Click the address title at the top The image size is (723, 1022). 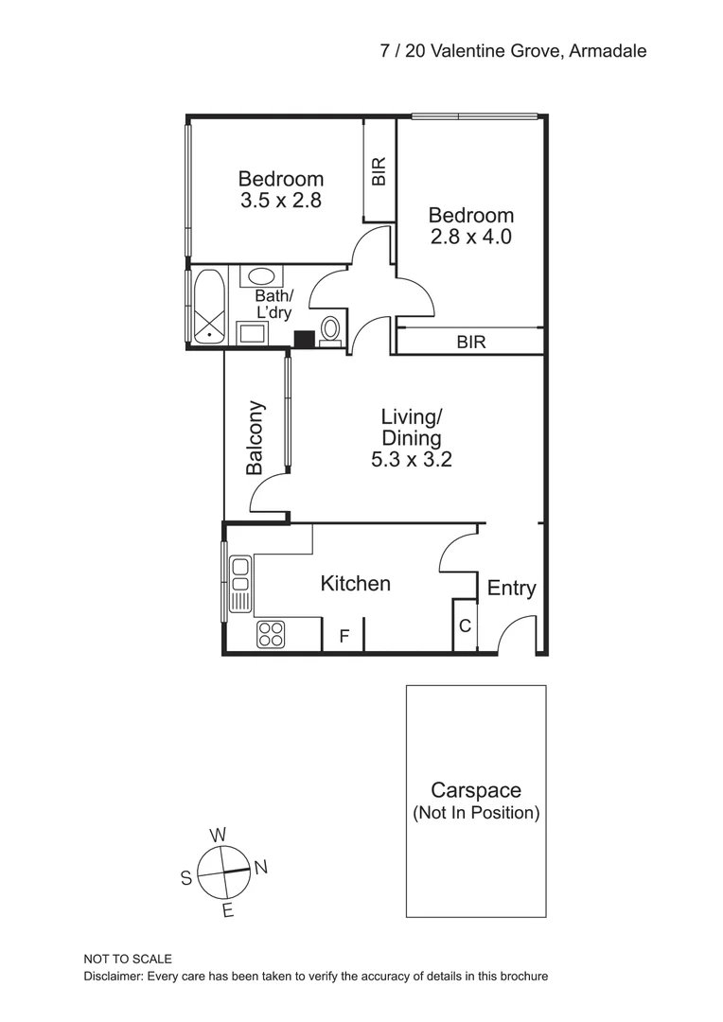(x=513, y=51)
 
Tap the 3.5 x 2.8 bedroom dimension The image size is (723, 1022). (x=281, y=201)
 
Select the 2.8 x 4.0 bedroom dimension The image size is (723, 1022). (x=470, y=237)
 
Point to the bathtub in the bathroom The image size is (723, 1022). (x=208, y=306)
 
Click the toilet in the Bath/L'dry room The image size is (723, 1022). (x=330, y=328)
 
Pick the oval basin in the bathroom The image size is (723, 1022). (x=262, y=276)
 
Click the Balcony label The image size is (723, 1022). (x=255, y=437)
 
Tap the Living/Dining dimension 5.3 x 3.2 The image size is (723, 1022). (x=411, y=461)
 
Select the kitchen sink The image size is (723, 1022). (x=240, y=584)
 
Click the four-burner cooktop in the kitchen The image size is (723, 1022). (x=271, y=634)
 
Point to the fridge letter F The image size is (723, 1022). (x=344, y=637)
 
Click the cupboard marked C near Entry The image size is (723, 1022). (x=465, y=626)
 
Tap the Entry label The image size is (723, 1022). (x=511, y=589)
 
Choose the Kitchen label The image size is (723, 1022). (x=355, y=584)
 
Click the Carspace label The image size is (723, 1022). (x=475, y=790)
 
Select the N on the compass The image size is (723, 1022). (x=261, y=867)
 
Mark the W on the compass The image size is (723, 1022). (x=218, y=835)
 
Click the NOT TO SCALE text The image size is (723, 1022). (x=128, y=959)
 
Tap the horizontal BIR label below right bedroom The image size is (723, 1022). (x=470, y=343)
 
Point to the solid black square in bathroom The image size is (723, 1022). (x=304, y=339)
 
